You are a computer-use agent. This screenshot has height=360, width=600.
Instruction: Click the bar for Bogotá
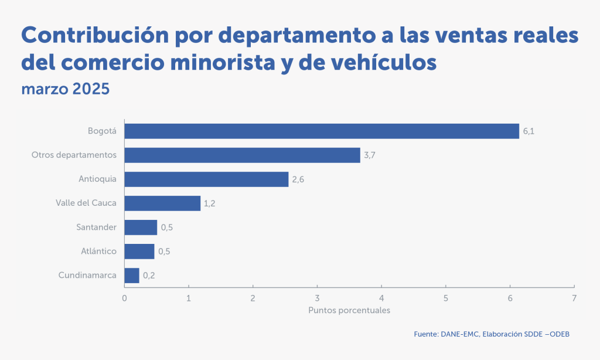tap(322, 131)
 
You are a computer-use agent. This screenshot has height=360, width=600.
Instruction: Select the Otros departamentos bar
tap(242, 155)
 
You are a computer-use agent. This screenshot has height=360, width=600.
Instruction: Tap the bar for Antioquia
tap(206, 179)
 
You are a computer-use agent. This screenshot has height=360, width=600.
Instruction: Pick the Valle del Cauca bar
tap(162, 203)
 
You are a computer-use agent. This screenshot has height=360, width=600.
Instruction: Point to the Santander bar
tap(141, 227)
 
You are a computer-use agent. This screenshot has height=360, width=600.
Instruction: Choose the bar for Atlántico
tap(139, 252)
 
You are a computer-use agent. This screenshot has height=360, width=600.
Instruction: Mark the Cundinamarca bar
tap(132, 276)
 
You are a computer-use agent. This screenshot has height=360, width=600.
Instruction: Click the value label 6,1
tap(529, 131)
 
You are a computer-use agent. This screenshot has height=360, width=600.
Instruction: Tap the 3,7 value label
tap(369, 155)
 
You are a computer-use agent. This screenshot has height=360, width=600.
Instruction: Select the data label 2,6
tap(298, 179)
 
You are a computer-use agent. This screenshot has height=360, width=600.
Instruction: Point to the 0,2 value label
tap(149, 276)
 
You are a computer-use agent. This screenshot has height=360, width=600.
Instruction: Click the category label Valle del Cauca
tap(86, 203)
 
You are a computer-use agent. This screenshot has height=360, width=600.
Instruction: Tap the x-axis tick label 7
tap(574, 298)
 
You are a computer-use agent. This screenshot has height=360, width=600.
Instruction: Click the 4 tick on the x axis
tap(381, 298)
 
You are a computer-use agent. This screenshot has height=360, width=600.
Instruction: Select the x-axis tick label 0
tap(124, 298)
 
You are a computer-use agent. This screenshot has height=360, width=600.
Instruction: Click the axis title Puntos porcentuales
tap(349, 310)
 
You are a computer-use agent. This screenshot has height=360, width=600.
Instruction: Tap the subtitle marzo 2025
tap(65, 90)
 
